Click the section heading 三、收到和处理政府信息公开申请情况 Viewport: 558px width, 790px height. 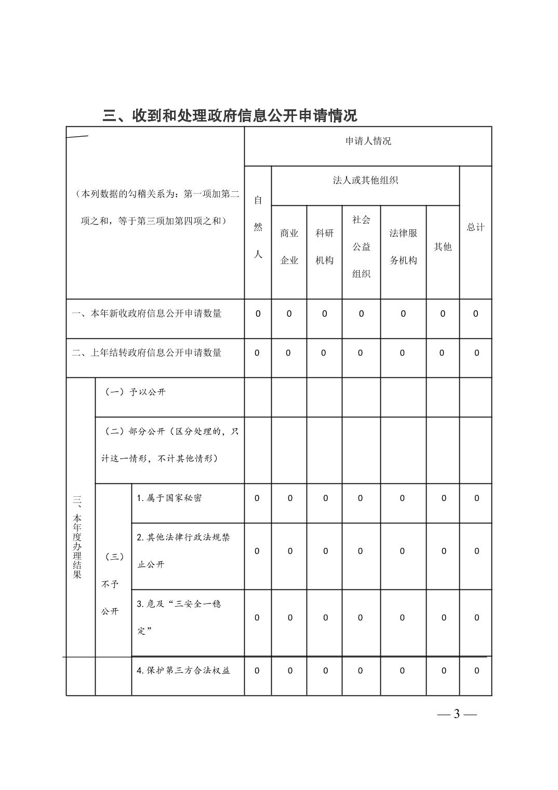click(230, 115)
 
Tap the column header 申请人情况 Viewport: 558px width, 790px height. click(368, 141)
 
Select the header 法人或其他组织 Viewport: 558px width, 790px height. click(365, 180)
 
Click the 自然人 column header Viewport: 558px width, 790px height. click(258, 227)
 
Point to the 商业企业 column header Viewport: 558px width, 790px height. click(289, 247)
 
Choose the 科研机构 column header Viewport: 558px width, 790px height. click(324, 247)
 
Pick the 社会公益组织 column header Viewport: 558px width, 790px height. click(361, 247)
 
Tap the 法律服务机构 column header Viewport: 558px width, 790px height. click(403, 247)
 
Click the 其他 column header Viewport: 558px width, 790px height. click(443, 247)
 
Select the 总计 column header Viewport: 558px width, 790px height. click(475, 227)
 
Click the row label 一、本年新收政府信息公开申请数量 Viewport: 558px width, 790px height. click(147, 313)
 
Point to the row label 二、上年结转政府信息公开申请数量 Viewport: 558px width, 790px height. click(147, 353)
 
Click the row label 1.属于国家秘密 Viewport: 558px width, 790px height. click(169, 498)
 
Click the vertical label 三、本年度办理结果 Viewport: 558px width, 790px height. click(77, 536)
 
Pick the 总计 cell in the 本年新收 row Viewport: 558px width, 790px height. click(475, 313)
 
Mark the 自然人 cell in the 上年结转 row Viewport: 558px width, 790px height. click(257, 353)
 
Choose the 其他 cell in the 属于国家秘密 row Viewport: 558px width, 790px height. click(444, 498)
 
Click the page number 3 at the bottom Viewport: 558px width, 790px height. click(457, 714)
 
